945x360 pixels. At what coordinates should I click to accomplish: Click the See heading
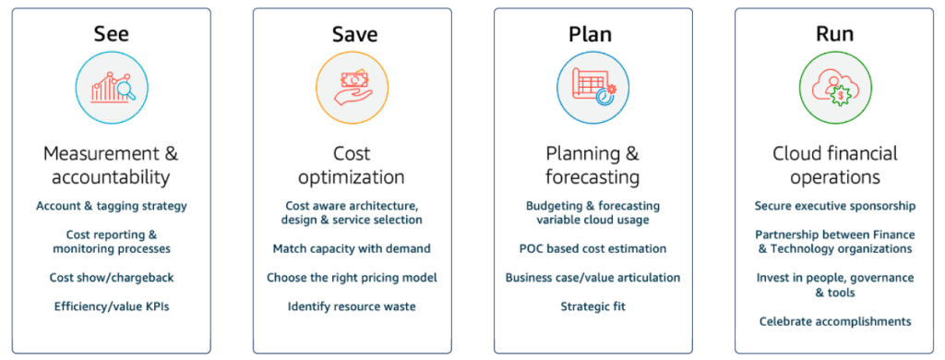pos(112,34)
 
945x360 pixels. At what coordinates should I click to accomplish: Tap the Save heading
pos(355,34)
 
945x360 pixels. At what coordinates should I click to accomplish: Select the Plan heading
pos(590,34)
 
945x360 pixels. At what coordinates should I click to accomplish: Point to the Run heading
pos(834,34)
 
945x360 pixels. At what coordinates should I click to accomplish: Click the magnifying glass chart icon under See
pos(112,88)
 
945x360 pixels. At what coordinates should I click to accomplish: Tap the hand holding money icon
pos(353,89)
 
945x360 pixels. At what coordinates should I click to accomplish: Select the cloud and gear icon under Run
pos(834,88)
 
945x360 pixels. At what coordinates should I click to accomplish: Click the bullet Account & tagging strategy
pos(112,206)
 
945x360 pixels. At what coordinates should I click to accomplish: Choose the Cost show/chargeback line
pos(112,278)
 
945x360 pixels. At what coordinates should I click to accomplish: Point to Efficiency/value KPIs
pos(112,307)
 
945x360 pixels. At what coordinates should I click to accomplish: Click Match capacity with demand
pos(352,249)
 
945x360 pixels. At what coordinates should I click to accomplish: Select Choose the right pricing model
pos(352,278)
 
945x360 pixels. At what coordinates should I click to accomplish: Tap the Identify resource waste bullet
pos(352,307)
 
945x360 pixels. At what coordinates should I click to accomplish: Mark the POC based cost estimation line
pos(593,249)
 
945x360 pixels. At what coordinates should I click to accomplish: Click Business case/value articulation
pos(593,278)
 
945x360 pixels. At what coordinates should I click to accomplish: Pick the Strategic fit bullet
pos(593,307)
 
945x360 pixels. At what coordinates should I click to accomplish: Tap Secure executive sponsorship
pos(835,206)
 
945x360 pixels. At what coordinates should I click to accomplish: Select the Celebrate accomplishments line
pos(835,321)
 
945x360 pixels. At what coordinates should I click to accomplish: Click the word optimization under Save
pos(352,178)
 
